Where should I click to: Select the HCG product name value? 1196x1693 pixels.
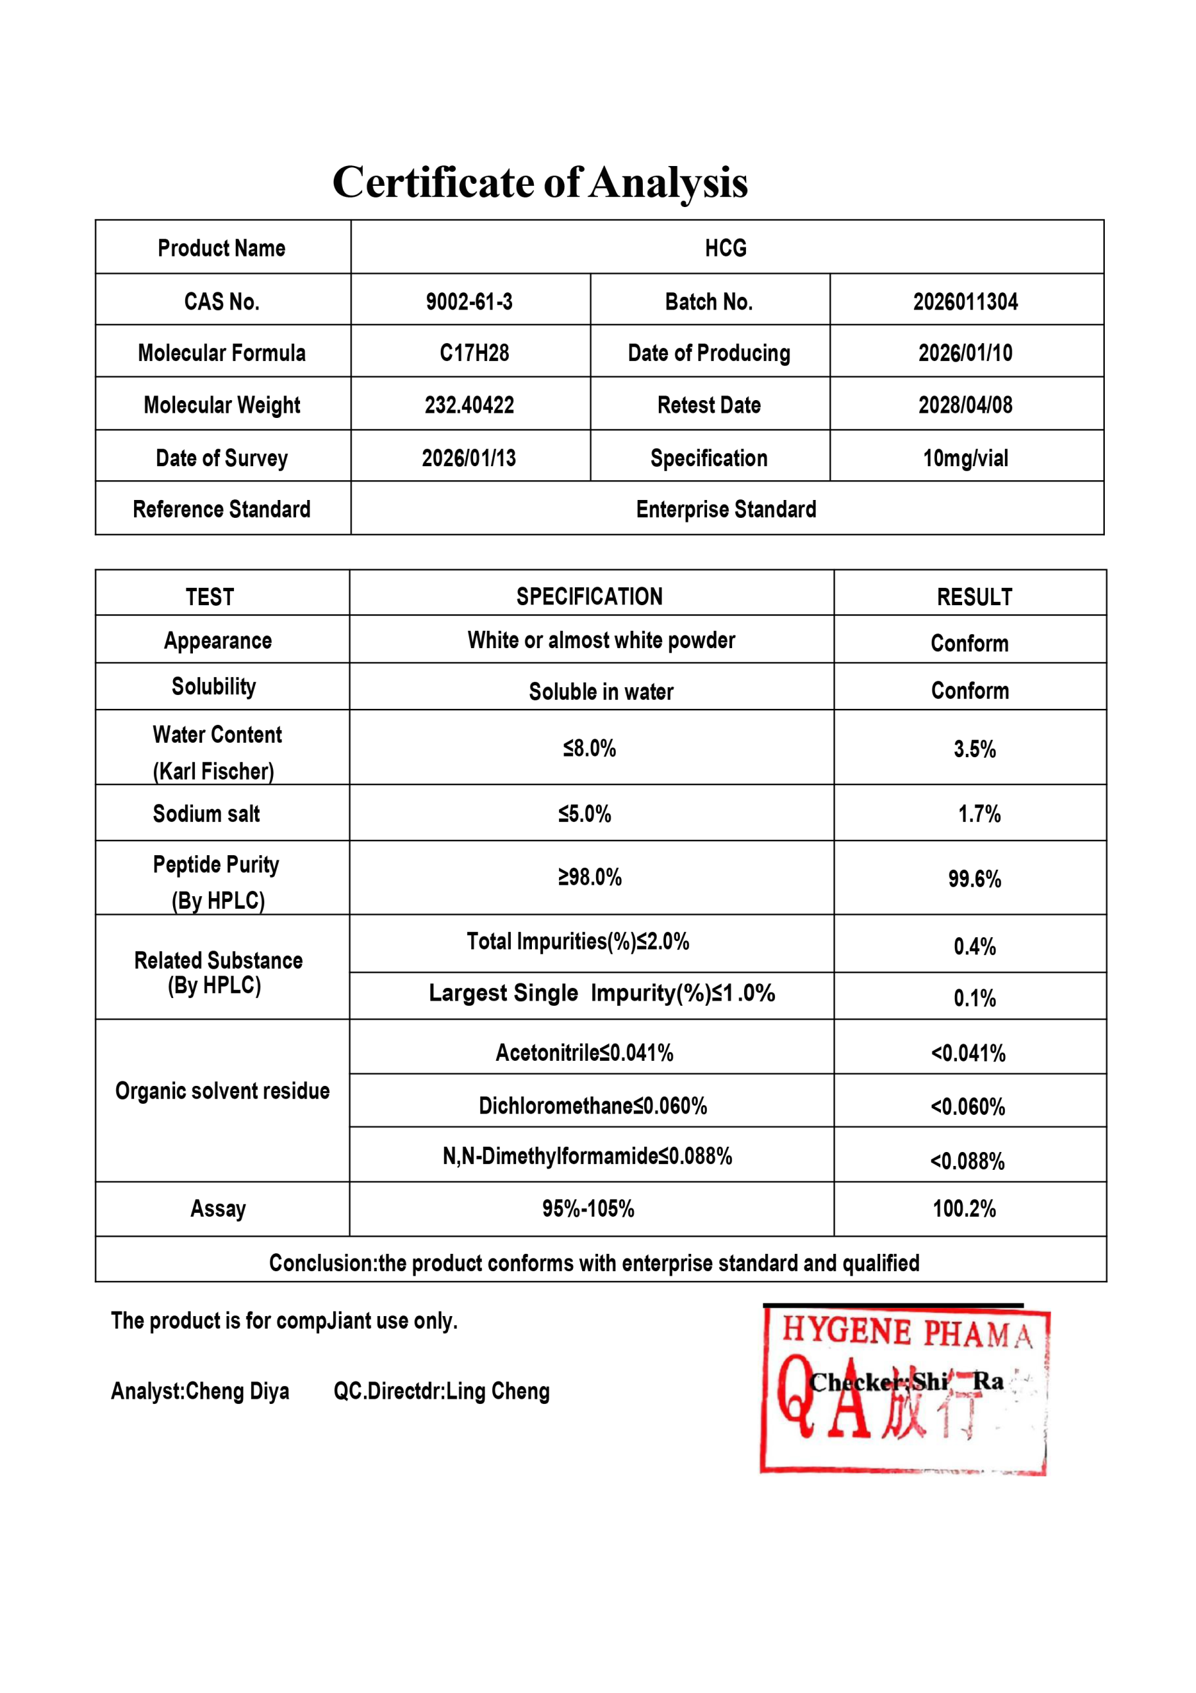(x=726, y=248)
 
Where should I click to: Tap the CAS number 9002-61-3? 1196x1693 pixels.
(x=468, y=302)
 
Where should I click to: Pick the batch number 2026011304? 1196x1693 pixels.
(x=965, y=302)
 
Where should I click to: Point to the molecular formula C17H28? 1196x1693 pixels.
(x=474, y=353)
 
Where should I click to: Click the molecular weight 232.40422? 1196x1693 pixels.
(x=468, y=405)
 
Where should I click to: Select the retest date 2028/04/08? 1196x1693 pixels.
(x=965, y=405)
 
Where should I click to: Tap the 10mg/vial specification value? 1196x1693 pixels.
(x=965, y=458)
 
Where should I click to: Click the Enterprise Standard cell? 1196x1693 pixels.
(x=726, y=509)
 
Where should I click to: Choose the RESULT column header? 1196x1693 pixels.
(x=974, y=597)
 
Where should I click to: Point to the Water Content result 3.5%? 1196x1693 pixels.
(x=974, y=749)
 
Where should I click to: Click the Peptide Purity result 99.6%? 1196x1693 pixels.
(x=974, y=879)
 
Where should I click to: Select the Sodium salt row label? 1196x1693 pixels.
(x=206, y=814)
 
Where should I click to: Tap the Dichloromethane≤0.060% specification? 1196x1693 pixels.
(x=593, y=1106)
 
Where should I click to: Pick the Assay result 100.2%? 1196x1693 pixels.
(x=964, y=1208)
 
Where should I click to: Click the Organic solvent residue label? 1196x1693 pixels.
(x=222, y=1091)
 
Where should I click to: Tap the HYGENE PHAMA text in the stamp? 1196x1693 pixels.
(x=907, y=1333)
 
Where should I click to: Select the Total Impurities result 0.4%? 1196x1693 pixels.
(x=974, y=946)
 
